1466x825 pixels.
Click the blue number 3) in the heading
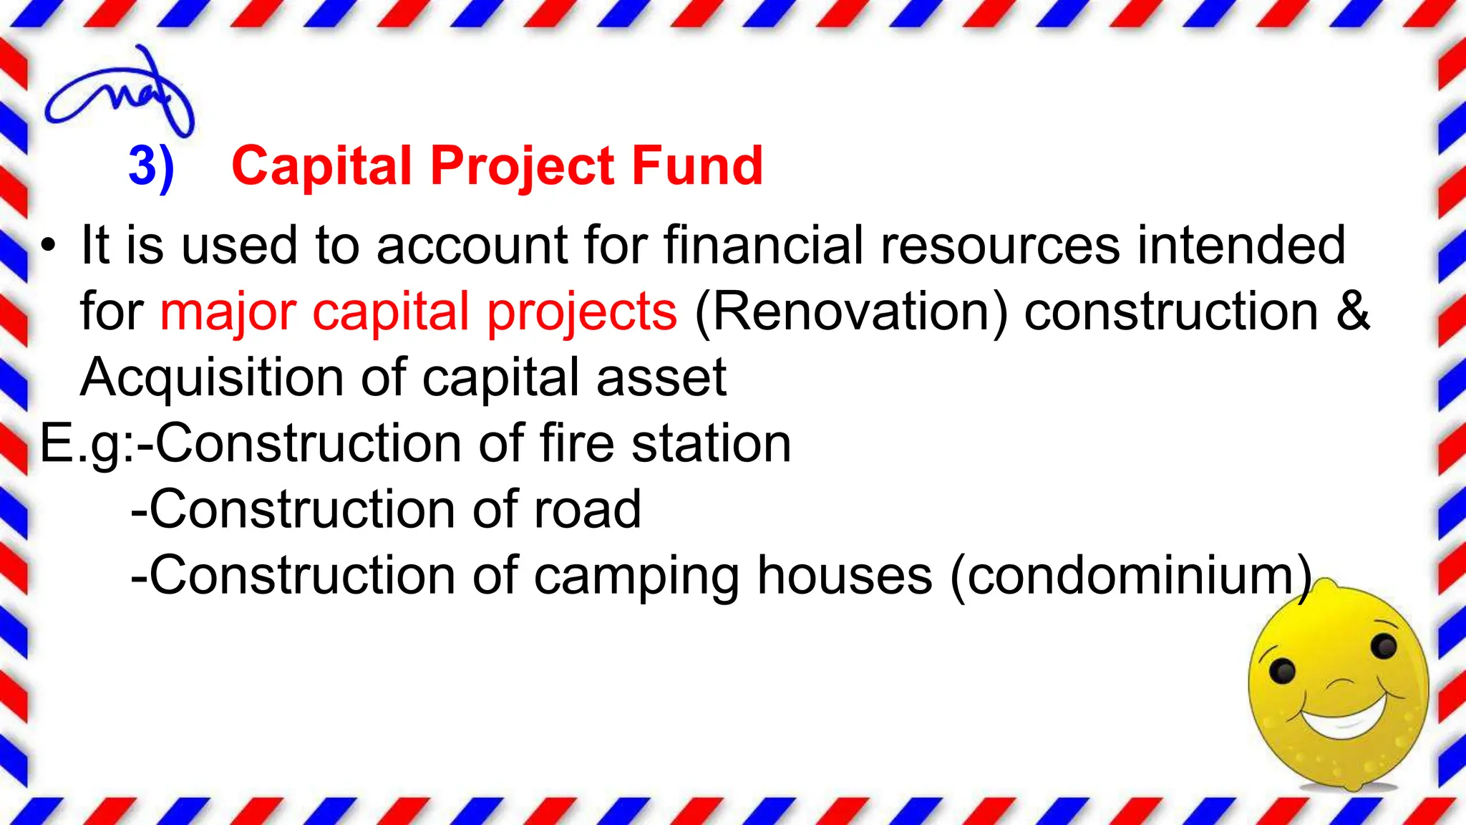(x=151, y=166)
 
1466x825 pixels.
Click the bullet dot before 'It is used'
(x=48, y=246)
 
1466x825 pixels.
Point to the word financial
(x=763, y=245)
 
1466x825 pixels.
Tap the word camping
(x=636, y=576)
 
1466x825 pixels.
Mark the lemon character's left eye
(x=1281, y=672)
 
